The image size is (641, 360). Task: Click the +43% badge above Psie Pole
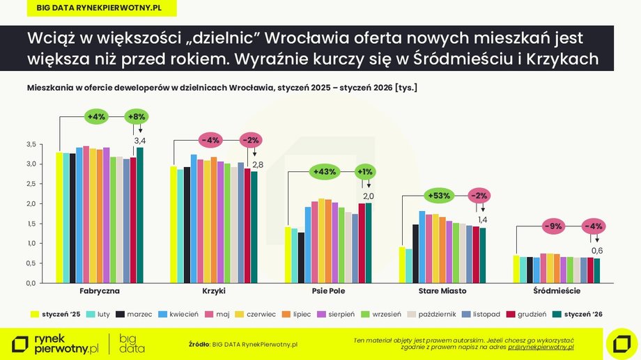click(x=325, y=171)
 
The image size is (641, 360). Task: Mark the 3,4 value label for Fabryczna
click(x=139, y=141)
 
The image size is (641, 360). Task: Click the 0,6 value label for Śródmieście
click(x=597, y=251)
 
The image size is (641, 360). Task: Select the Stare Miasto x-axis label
click(x=442, y=290)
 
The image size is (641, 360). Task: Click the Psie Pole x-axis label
click(x=328, y=290)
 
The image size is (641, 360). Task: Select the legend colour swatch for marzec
click(x=121, y=314)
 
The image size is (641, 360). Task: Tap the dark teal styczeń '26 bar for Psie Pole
click(x=369, y=243)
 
